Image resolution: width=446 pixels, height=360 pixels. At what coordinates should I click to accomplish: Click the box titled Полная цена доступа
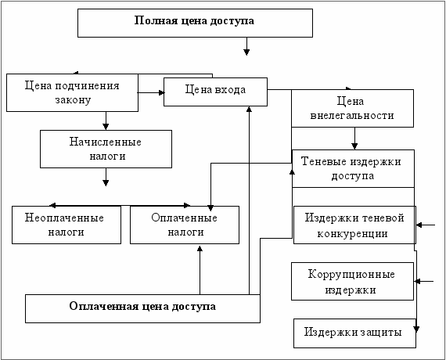[195, 23]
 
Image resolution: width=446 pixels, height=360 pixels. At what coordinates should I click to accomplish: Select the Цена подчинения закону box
[72, 93]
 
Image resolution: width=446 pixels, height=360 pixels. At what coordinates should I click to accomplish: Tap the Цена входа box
[215, 92]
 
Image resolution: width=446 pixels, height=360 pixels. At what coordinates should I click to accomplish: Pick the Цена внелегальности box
[352, 108]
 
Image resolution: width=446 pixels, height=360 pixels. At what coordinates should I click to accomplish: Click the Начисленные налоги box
[106, 149]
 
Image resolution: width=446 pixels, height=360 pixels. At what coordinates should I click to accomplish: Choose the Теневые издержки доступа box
[353, 168]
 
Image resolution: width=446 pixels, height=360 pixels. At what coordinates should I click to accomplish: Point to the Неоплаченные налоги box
[67, 225]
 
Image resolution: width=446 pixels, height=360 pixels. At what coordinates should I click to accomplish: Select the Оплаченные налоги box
[185, 225]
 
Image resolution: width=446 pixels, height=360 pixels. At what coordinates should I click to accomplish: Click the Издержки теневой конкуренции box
[354, 225]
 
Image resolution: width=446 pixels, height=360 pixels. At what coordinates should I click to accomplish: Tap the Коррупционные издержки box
[352, 281]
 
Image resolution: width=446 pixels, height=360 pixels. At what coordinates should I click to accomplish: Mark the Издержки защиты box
[354, 333]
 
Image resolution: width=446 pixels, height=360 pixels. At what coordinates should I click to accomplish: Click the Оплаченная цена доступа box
[142, 308]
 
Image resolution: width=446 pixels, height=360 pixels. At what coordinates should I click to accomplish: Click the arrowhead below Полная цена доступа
[246, 52]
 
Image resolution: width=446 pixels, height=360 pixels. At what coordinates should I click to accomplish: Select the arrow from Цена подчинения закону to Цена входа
[151, 92]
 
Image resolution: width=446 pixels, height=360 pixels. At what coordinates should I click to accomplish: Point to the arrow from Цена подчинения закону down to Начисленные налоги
[106, 121]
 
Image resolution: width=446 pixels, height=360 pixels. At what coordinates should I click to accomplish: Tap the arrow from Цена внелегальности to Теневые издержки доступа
[354, 139]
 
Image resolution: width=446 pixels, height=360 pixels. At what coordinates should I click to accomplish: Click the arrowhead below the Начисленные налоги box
[106, 183]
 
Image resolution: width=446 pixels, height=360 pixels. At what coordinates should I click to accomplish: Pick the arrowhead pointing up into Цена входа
[249, 110]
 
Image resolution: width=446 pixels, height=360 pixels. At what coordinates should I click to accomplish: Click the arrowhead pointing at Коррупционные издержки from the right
[417, 281]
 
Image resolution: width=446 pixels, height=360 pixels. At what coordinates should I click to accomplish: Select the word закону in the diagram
[73, 100]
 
